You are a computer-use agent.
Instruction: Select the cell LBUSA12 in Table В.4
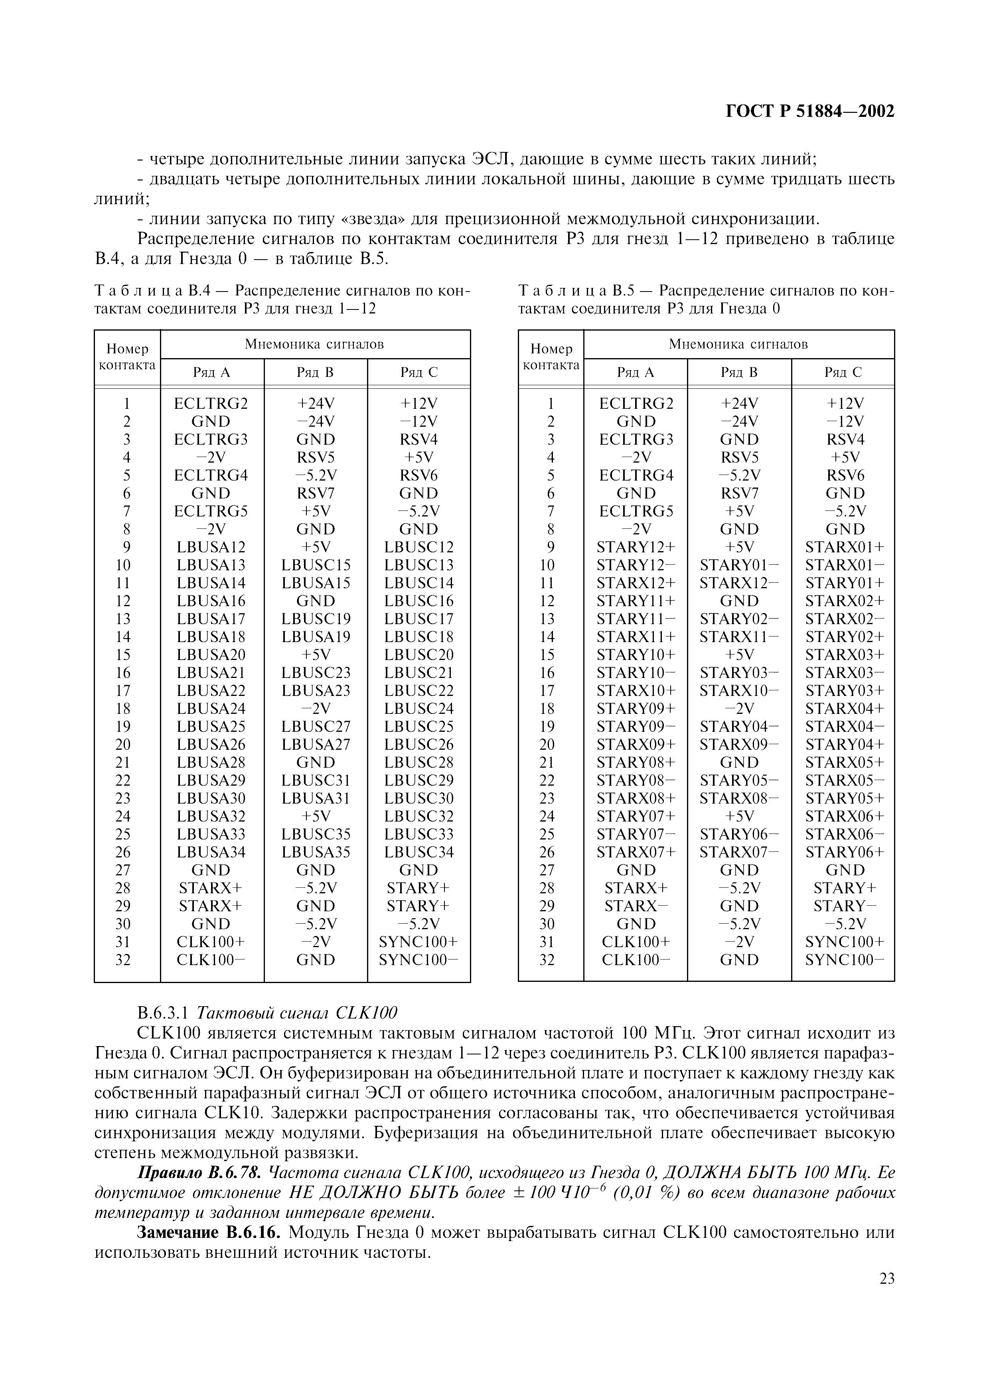(211, 547)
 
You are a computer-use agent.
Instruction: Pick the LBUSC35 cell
(316, 834)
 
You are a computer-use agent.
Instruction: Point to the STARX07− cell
(738, 852)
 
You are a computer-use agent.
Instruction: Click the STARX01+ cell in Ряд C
(844, 547)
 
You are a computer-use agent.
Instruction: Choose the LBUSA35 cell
(316, 852)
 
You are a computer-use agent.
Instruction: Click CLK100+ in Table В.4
(211, 942)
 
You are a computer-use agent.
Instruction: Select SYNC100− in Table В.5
(844, 960)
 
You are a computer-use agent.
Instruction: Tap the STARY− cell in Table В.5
(844, 906)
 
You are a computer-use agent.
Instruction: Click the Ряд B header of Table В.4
(315, 372)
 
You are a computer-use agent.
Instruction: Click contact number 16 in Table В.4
(123, 673)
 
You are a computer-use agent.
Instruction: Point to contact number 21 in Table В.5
(547, 762)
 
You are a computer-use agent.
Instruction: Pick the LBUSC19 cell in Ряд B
(316, 619)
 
